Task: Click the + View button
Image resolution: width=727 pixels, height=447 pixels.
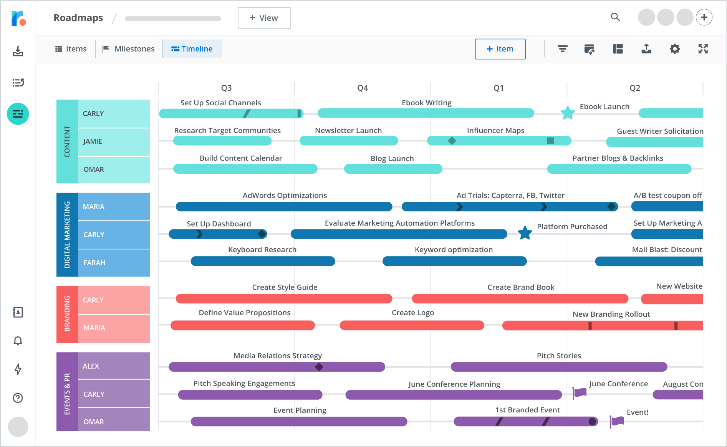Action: [x=264, y=18]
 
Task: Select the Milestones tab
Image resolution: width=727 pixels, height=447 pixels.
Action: [x=129, y=49]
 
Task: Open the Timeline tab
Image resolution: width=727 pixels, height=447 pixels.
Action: [x=192, y=49]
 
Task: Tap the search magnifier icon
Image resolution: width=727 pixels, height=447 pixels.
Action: [x=615, y=17]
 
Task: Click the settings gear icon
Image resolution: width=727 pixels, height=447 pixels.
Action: [x=674, y=49]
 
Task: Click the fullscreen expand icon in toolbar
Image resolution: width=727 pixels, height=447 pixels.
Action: [x=703, y=49]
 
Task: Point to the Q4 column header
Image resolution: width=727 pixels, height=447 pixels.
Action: [x=362, y=88]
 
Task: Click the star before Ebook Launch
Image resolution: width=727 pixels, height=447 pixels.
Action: [x=567, y=113]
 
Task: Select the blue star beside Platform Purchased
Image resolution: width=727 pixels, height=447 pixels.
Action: [x=525, y=233]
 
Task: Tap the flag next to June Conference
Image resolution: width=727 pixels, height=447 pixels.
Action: [x=580, y=392]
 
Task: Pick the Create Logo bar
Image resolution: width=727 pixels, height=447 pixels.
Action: [x=412, y=326]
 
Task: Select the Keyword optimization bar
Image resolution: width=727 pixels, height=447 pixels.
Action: [x=454, y=261]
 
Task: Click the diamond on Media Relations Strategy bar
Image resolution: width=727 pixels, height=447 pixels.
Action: [x=319, y=367]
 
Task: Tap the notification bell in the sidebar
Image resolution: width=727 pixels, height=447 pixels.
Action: [x=18, y=341]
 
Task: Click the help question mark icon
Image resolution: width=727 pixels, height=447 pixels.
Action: [x=18, y=398]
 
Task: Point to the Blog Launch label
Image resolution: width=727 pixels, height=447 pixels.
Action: [x=392, y=158]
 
